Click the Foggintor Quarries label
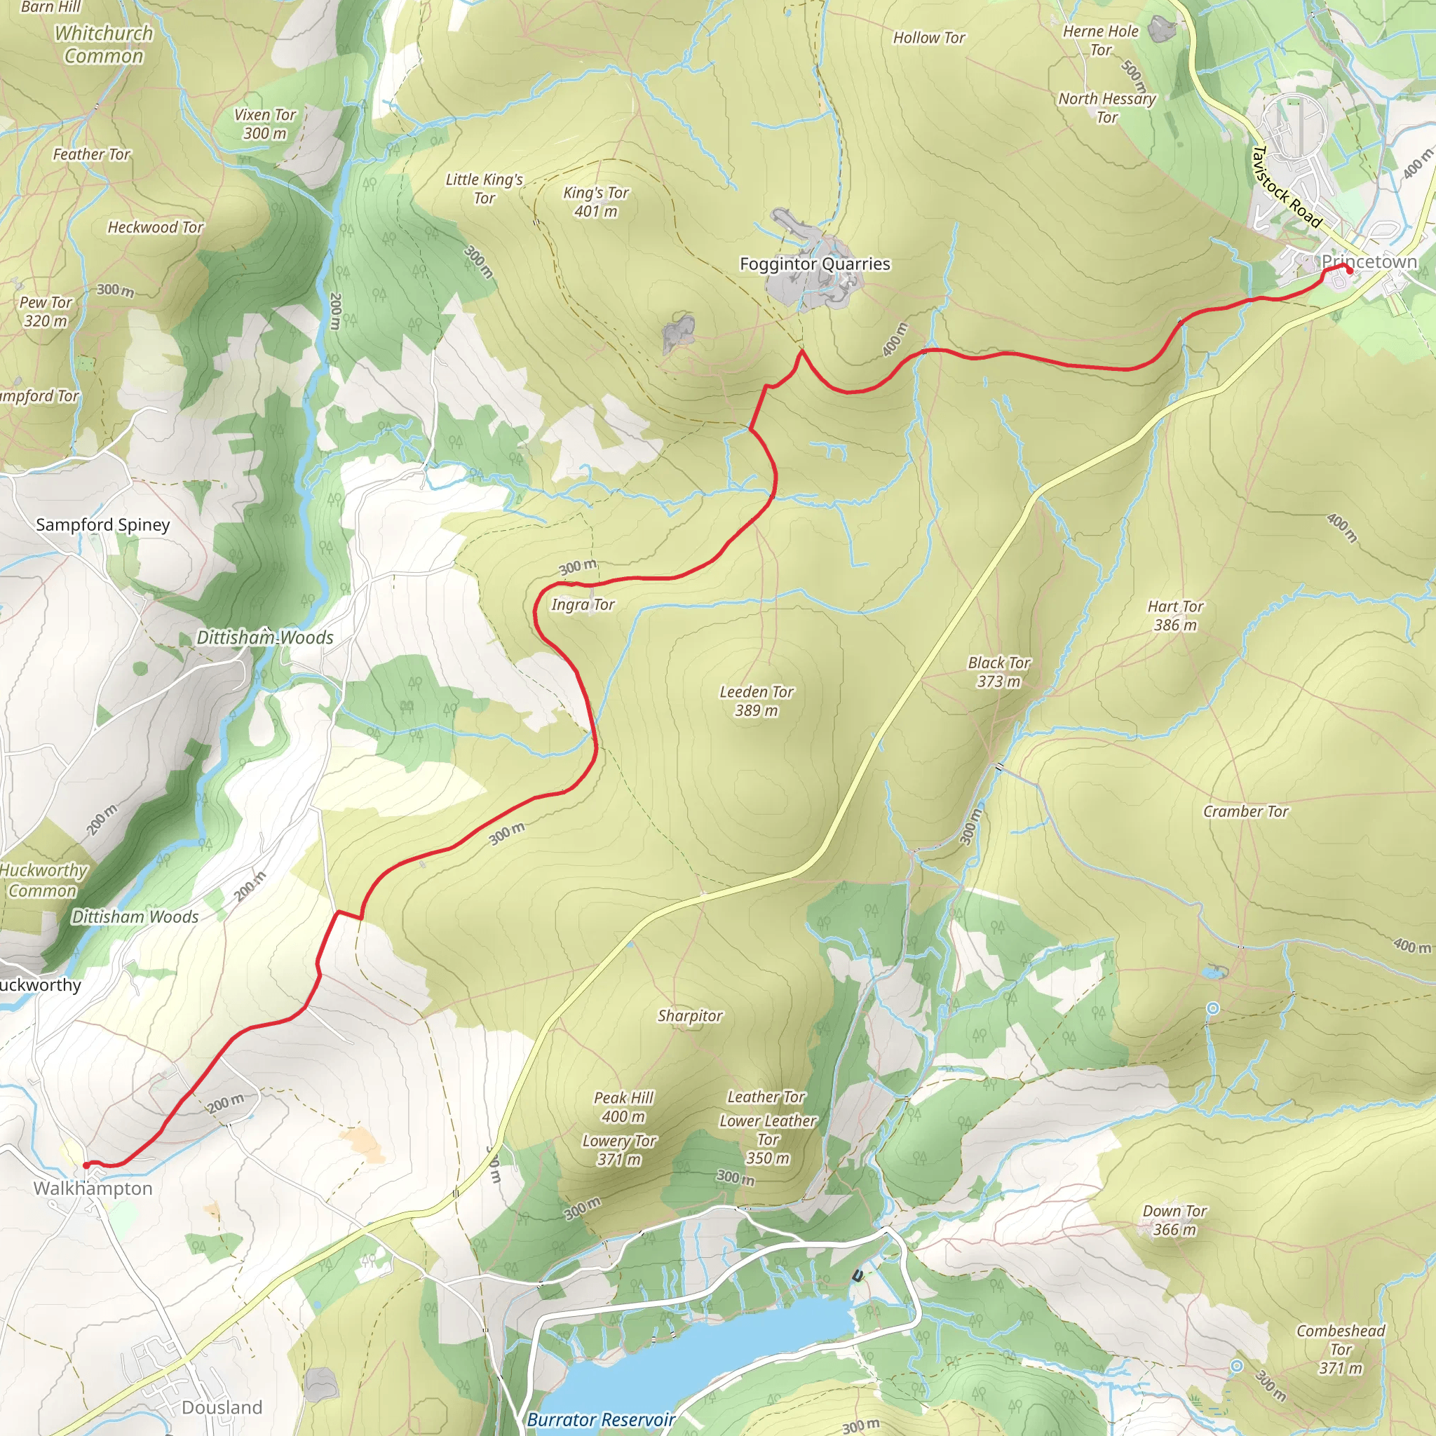pyautogui.click(x=815, y=264)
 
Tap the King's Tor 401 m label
pyautogui.click(x=595, y=201)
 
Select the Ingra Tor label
pyautogui.click(x=583, y=604)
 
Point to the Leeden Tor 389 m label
pyautogui.click(x=756, y=701)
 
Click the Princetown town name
pyautogui.click(x=1369, y=262)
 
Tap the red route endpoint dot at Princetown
pyautogui.click(x=1349, y=271)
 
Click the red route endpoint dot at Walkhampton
pyautogui.click(x=86, y=1165)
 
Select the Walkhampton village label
pyautogui.click(x=93, y=1188)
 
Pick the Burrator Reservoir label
pyautogui.click(x=601, y=1420)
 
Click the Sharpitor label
pyautogui.click(x=690, y=1016)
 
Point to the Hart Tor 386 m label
pyautogui.click(x=1175, y=616)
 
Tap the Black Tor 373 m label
pyautogui.click(x=999, y=672)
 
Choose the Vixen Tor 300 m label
pyautogui.click(x=264, y=124)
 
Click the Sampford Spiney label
pyautogui.click(x=102, y=524)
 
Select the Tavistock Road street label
pyautogui.click(x=1286, y=187)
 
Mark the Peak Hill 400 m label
pyautogui.click(x=623, y=1106)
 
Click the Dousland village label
pyautogui.click(x=222, y=1408)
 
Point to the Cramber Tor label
pyautogui.click(x=1246, y=812)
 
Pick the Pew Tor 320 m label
pyautogui.click(x=46, y=311)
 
